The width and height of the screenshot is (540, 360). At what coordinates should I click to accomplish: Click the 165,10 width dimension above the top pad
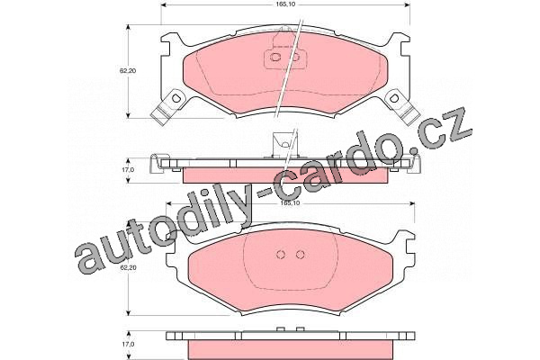coord(286,4)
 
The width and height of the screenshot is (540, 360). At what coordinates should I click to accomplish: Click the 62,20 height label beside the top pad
coord(128,70)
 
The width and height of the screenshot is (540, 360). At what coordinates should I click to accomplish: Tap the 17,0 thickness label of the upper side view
coord(128,170)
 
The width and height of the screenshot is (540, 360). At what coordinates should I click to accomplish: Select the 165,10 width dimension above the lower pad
coord(291,203)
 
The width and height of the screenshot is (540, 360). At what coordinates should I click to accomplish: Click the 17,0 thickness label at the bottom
coord(128,344)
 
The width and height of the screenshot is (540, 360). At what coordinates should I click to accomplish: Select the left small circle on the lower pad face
coord(281,255)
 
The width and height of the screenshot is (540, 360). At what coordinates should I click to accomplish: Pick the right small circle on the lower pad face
coord(301,255)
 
